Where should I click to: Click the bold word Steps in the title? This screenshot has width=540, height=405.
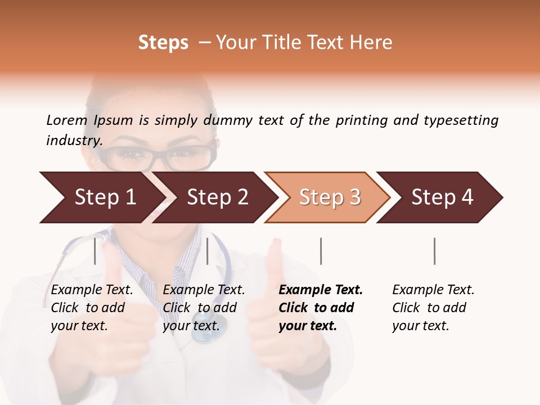tap(163, 43)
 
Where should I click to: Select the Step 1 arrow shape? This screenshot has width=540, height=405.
tap(101, 197)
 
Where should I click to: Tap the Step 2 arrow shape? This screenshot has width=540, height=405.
tap(217, 197)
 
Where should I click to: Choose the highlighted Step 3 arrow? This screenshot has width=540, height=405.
tap(329, 197)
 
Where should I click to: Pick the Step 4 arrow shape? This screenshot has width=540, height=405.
tap(442, 197)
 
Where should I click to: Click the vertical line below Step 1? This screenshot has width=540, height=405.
tap(95, 251)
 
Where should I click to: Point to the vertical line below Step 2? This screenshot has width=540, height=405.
tap(208, 251)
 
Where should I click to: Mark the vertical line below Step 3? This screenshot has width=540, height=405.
tap(321, 251)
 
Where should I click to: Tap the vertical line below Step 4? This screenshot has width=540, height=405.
tap(435, 251)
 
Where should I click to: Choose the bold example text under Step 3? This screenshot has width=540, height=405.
tap(320, 308)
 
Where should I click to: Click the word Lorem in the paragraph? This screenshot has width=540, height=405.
tap(66, 120)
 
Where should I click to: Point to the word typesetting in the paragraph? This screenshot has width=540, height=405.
tap(461, 120)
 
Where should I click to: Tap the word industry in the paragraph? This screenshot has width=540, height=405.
tap(74, 141)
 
